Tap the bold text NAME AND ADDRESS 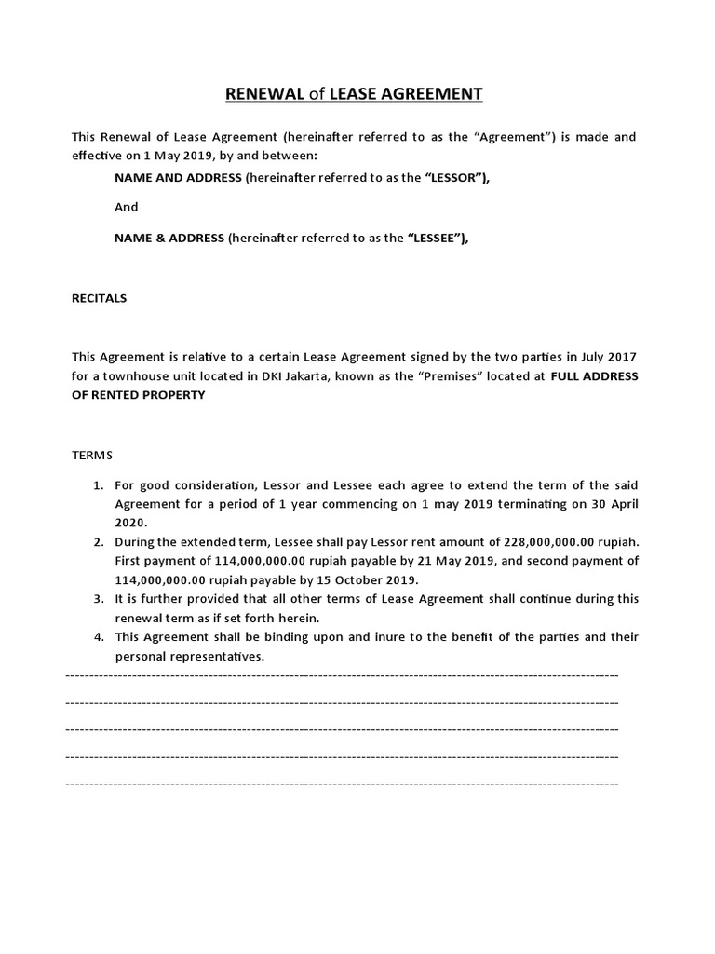click(x=178, y=177)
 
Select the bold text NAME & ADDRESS click(x=169, y=238)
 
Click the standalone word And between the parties click(x=126, y=207)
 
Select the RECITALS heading click(x=100, y=299)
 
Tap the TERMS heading click(x=92, y=455)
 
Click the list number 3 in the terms click(x=98, y=599)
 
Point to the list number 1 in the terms click(x=98, y=485)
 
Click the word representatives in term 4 click(x=217, y=656)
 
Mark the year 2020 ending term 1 click(x=130, y=523)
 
